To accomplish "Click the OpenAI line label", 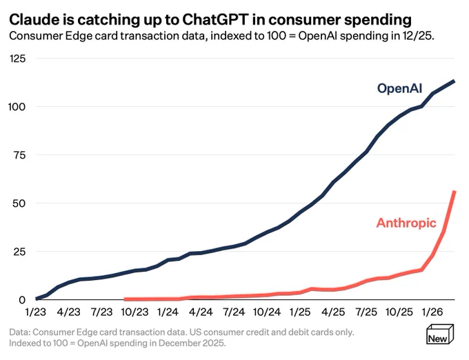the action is pos(399,89).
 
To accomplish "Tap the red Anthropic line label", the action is pos(406,223).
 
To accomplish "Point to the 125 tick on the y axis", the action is pos(17,59).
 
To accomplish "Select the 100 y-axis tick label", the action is pos(17,107).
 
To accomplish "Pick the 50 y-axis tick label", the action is pos(19,203).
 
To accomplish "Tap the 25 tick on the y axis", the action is pos(19,252).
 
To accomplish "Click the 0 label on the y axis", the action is pos(22,300).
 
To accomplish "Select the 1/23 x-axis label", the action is pos(36,312).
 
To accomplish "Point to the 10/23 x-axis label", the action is pos(134,312).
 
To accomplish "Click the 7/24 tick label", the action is pos(234,312).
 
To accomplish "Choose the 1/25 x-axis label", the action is pos(300,312).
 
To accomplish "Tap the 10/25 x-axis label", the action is pos(399,312).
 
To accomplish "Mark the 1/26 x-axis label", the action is pos(432,312).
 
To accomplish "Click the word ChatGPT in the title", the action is pos(215,20).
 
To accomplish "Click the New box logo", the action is pos(440,334).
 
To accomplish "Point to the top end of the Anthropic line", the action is pos(455,191).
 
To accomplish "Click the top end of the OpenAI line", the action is pos(454,81).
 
